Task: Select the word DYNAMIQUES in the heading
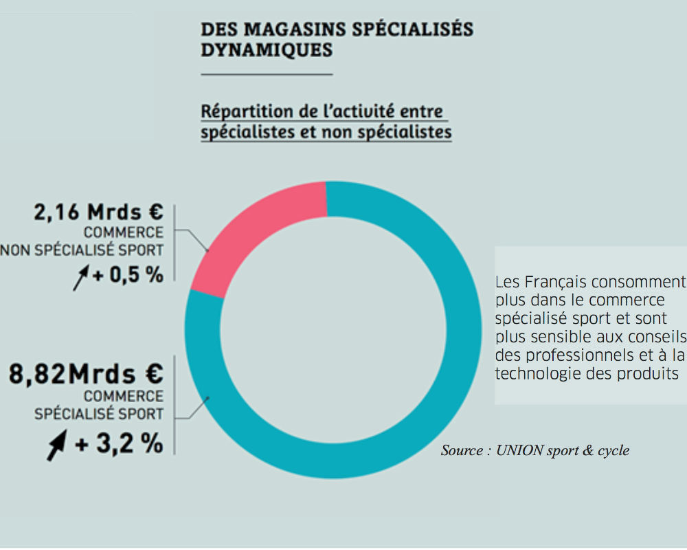point(267,51)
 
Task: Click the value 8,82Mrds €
point(86,375)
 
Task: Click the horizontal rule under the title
point(267,73)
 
